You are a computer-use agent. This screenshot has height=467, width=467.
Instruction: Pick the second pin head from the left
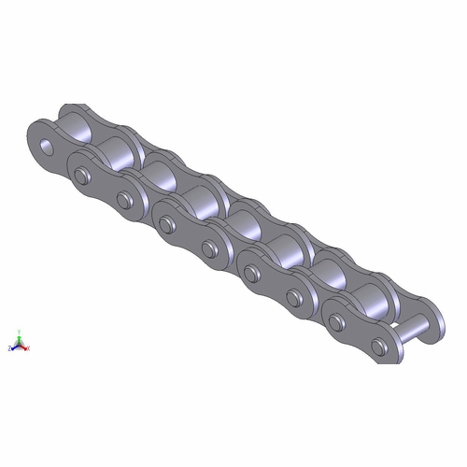coord(123,198)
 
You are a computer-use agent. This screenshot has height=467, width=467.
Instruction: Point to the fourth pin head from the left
coord(207,248)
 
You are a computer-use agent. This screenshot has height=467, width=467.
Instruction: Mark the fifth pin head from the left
coord(249,273)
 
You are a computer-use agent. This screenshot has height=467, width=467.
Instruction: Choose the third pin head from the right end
coord(292,297)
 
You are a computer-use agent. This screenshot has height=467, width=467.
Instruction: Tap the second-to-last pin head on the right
coord(335,322)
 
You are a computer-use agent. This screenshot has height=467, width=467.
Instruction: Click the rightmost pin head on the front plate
coord(377,347)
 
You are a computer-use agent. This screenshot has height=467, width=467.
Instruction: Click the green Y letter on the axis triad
coord(20,330)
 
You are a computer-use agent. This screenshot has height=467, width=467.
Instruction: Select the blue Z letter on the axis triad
coord(9,347)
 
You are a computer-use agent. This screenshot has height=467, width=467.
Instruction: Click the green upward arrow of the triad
coord(20,337)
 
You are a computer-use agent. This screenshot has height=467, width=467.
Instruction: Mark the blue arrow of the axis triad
coord(14,347)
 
